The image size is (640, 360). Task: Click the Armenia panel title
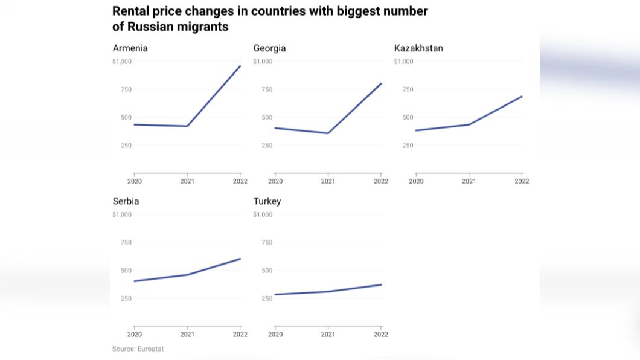tap(130, 48)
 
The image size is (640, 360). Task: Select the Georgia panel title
tap(269, 48)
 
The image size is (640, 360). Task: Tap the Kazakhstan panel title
tap(418, 48)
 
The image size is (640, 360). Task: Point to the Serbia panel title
tap(126, 201)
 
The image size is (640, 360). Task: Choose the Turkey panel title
tap(267, 201)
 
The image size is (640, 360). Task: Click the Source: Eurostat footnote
tap(138, 349)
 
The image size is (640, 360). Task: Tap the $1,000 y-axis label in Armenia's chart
tap(121, 62)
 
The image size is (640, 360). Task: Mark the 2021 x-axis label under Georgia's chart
tap(328, 181)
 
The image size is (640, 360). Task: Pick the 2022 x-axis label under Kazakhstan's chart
tap(522, 181)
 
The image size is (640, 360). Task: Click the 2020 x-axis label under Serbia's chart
tap(135, 334)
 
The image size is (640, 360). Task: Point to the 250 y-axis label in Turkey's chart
tap(267, 298)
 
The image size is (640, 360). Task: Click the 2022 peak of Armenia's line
tap(240, 66)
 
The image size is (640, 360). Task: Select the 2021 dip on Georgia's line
tap(328, 133)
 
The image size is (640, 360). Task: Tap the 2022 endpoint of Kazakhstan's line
tap(522, 97)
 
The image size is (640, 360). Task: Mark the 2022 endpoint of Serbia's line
tap(240, 259)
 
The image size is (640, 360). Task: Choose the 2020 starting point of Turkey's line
tap(275, 295)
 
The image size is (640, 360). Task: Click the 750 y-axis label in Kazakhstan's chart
tap(408, 89)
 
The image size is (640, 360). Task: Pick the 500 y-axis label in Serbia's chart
tap(126, 271)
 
